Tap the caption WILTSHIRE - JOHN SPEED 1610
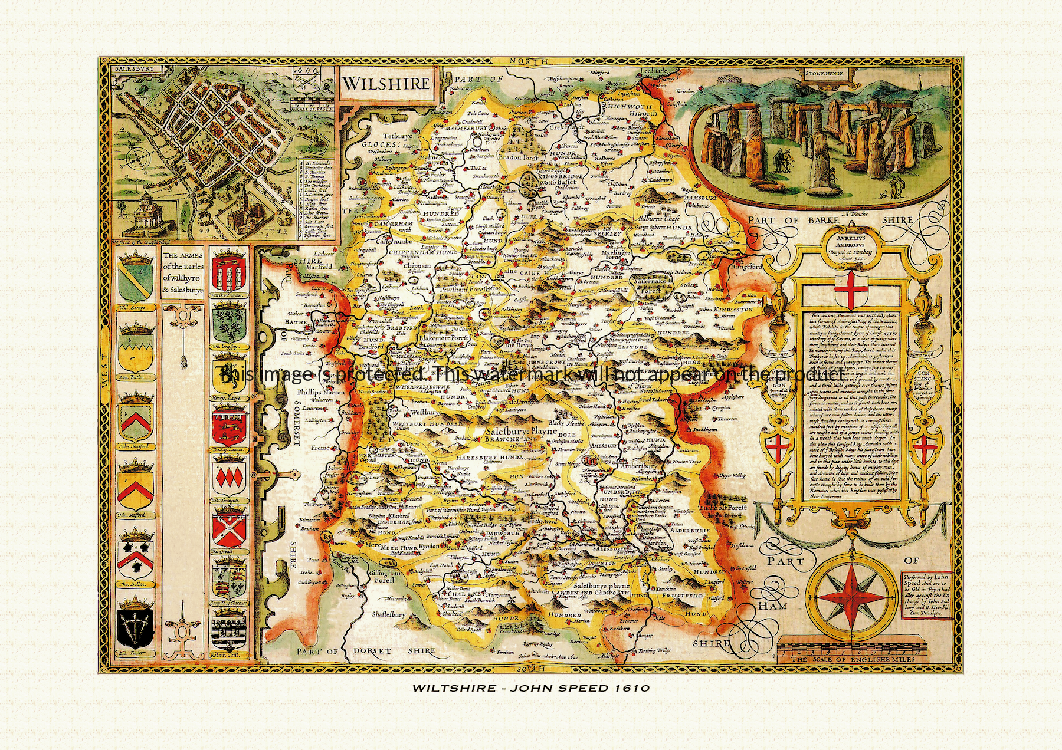point(530,687)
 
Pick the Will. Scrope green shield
point(136,280)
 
